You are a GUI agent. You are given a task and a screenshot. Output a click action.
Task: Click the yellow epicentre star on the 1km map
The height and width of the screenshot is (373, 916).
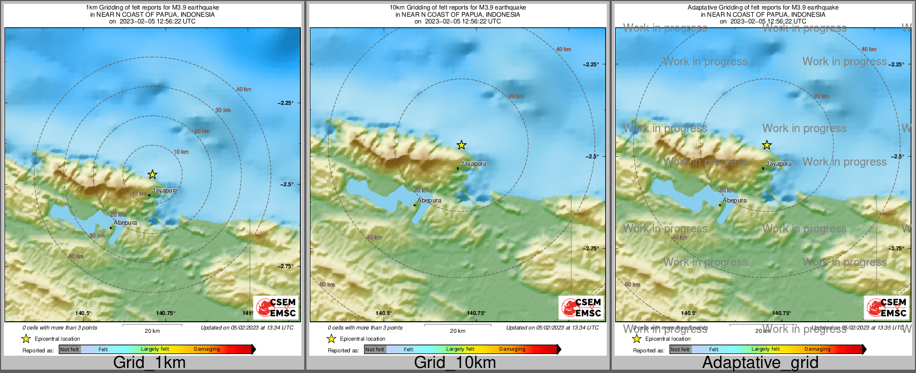click(x=153, y=175)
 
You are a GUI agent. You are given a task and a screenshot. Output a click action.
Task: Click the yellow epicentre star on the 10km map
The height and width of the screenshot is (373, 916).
click(x=461, y=145)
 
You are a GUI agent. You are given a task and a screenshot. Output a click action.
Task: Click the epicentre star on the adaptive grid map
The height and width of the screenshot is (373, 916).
click(x=767, y=145)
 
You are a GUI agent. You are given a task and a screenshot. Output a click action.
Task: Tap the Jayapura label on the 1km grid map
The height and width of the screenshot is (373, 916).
click(x=165, y=190)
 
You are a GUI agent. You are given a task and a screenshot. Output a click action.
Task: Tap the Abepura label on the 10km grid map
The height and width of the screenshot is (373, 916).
click(x=429, y=200)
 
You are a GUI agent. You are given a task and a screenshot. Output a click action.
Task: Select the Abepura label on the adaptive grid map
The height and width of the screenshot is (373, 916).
click(x=734, y=200)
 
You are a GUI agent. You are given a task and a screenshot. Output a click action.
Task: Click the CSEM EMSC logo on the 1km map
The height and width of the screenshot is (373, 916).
click(x=276, y=307)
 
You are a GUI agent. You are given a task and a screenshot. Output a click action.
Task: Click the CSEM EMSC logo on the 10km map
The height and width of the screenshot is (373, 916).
click(x=581, y=307)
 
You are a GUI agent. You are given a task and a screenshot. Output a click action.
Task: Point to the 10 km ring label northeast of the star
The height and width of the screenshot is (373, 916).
click(x=181, y=152)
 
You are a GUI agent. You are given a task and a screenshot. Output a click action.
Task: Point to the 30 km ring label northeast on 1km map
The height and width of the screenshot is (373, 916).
click(x=223, y=110)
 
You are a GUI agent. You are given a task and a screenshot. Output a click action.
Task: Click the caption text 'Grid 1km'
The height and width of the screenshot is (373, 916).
click(x=149, y=362)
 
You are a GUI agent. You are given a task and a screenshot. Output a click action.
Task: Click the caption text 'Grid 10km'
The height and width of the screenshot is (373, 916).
click(x=455, y=362)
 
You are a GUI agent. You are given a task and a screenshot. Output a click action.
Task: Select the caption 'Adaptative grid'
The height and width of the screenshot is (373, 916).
click(x=760, y=362)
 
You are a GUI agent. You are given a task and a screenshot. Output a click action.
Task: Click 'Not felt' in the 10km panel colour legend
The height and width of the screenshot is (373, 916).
click(x=375, y=350)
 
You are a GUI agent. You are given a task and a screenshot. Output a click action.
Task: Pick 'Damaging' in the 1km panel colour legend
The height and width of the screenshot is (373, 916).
click(x=207, y=349)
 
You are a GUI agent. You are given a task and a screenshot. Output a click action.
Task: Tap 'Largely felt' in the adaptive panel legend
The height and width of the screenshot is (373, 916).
click(x=766, y=349)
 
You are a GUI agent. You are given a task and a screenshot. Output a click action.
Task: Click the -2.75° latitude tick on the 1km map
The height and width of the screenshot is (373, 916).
click(x=286, y=266)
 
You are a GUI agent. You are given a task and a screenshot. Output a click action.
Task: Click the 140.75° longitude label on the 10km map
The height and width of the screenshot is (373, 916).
click(x=476, y=313)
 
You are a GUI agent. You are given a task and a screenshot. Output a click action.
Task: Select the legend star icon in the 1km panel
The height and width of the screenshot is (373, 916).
click(x=26, y=338)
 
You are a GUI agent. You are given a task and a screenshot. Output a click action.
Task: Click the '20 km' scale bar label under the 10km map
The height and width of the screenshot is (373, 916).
click(x=457, y=331)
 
